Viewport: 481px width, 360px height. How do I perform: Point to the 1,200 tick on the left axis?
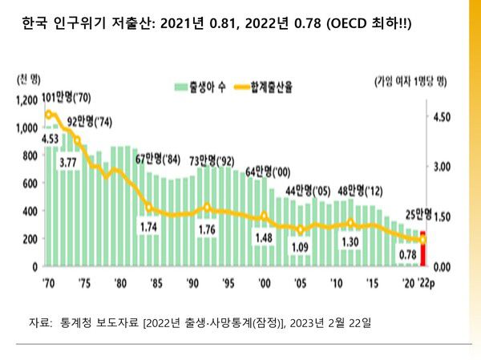26,100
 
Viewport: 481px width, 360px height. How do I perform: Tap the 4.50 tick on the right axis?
442,117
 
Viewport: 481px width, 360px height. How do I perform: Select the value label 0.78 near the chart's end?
406,254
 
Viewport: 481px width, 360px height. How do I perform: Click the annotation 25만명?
417,214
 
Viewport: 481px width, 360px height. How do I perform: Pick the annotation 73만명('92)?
212,158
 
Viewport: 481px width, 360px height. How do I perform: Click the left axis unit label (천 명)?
28,79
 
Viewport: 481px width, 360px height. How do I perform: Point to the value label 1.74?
148,228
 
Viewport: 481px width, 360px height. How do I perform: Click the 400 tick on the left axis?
30,212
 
